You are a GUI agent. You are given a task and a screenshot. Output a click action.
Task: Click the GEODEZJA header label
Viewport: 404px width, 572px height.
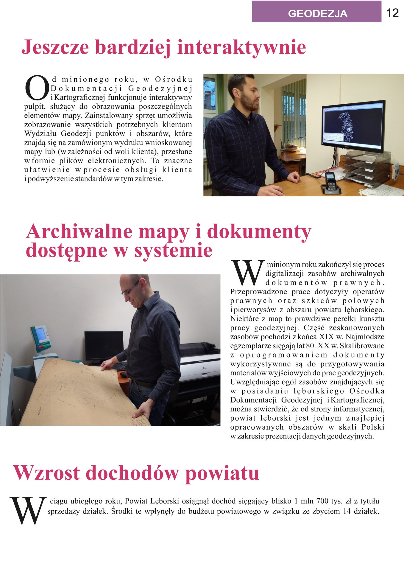[317, 13]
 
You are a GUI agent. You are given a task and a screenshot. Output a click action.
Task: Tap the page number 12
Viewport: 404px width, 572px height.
[392, 13]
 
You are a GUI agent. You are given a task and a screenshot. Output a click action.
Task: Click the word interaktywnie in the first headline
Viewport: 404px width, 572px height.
[241, 47]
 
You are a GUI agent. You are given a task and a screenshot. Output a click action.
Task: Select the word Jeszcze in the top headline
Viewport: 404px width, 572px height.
[55, 47]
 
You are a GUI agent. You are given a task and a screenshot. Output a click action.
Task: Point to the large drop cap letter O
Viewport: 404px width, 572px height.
[37, 88]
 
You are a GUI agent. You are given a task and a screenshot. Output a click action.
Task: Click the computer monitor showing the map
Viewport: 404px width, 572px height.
[353, 126]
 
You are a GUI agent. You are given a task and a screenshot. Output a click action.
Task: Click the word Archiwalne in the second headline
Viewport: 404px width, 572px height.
[79, 231]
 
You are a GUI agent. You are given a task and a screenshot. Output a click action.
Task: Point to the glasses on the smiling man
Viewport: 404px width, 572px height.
[131, 288]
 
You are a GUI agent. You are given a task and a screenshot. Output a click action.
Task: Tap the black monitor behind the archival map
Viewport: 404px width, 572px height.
[104, 346]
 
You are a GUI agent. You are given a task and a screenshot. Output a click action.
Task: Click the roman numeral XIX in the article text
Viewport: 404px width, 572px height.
[326, 337]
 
